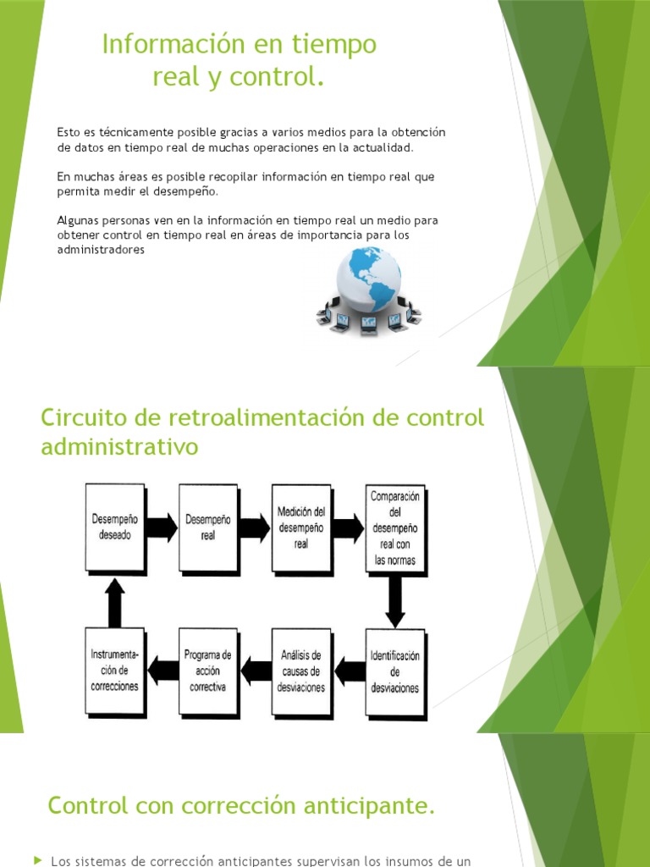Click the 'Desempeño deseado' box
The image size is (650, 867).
point(115,527)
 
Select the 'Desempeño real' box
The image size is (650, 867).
point(208,527)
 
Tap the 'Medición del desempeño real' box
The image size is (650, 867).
point(301,527)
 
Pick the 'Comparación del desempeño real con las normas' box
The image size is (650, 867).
point(394,527)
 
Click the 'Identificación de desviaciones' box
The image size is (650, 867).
point(394,671)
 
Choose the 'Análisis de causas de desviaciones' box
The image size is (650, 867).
point(301,671)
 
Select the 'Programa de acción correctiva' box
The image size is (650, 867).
point(208,671)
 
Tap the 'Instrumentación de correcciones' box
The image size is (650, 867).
point(115,671)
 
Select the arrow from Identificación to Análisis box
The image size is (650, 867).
point(348,671)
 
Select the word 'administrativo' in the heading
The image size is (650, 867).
point(119,446)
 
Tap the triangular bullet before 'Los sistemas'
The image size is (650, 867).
point(37,860)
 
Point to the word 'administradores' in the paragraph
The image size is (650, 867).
point(101,251)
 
